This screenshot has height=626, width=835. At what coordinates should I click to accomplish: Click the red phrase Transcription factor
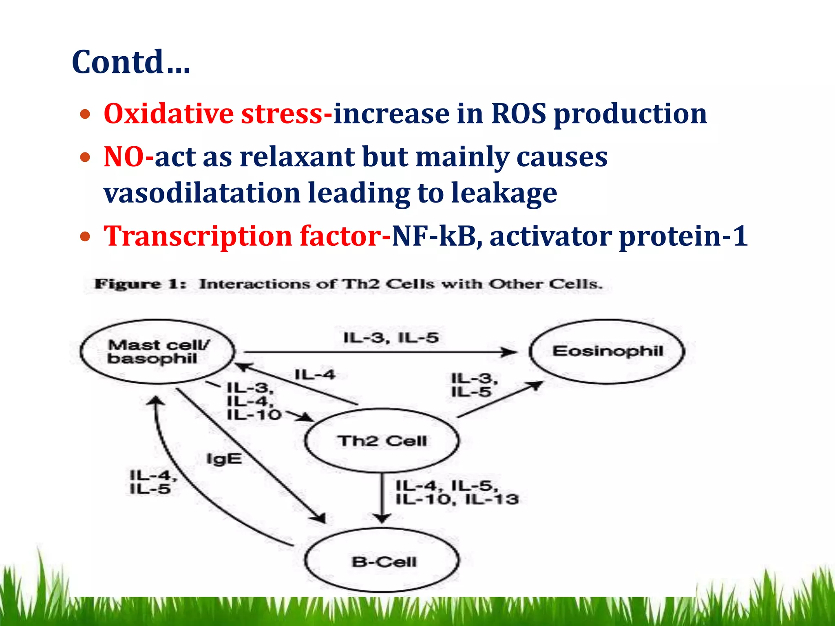coord(242,236)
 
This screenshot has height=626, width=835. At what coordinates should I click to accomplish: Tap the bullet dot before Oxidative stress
coord(85,115)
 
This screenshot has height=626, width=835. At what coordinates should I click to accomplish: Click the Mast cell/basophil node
coord(157,352)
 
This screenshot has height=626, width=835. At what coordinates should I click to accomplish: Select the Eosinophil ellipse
coord(607,351)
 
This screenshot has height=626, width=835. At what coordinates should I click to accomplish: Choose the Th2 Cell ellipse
coord(382,441)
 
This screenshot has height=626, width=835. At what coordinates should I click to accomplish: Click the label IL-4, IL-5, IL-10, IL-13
coord(457,492)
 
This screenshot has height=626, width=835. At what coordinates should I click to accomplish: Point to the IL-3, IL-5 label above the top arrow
coord(391,337)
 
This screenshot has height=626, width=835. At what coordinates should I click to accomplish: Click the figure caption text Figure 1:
coord(140,284)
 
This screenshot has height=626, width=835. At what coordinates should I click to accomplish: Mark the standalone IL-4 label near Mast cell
coord(315,374)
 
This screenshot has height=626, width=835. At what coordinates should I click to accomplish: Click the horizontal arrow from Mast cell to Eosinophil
coord(379,352)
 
